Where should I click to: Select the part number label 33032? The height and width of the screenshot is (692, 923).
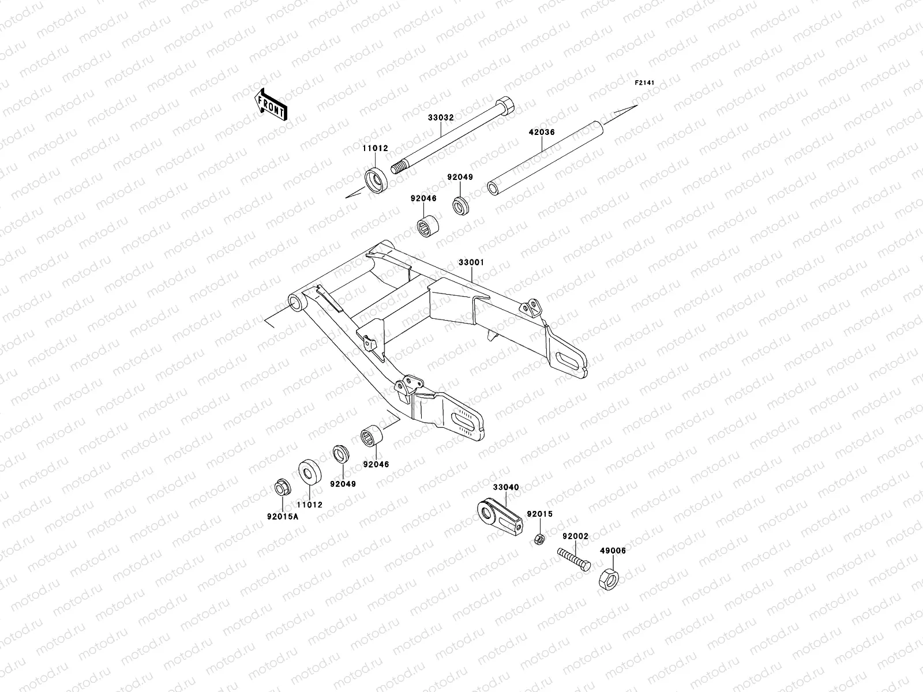(x=441, y=117)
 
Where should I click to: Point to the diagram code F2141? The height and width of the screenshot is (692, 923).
(x=646, y=83)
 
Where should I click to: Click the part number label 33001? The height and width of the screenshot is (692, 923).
(x=471, y=262)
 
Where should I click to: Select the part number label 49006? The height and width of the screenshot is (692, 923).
(x=613, y=551)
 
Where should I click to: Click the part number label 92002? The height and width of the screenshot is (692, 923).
(x=575, y=536)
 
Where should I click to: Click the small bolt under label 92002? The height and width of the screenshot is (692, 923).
(x=573, y=560)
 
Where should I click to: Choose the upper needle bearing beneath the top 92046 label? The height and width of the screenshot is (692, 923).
(x=429, y=227)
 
